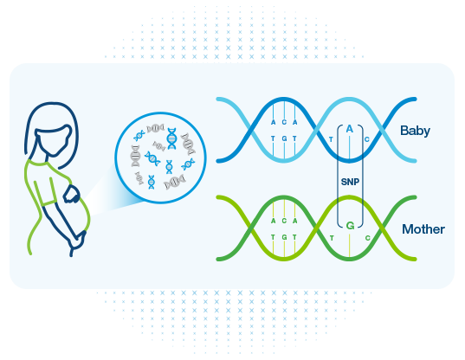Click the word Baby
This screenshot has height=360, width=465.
pos(415,131)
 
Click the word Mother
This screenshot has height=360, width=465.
pos(423,229)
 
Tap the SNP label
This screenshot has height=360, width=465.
pos(350,182)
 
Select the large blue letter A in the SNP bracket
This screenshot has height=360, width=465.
pos(350,129)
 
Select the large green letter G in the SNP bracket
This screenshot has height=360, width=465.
pos(350,226)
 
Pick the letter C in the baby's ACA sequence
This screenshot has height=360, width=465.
pos(284,122)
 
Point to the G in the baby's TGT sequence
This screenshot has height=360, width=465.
pos(284,138)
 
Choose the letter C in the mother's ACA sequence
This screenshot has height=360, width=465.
pos(284,221)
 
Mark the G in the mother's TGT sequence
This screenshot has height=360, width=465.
pos(284,237)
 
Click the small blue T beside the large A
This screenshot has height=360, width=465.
pos(331,139)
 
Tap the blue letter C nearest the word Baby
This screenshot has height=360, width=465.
pos(367,139)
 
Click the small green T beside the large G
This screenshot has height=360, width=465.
pos(332,238)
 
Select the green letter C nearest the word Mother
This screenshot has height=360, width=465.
pos(368,238)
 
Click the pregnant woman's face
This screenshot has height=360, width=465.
pos(54,140)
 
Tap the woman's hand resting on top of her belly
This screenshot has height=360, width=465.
pos(71,195)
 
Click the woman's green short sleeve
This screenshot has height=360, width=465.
pos(45,191)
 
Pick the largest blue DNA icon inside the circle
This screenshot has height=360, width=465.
pos(171,138)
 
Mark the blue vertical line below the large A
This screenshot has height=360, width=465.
pos(350,147)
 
